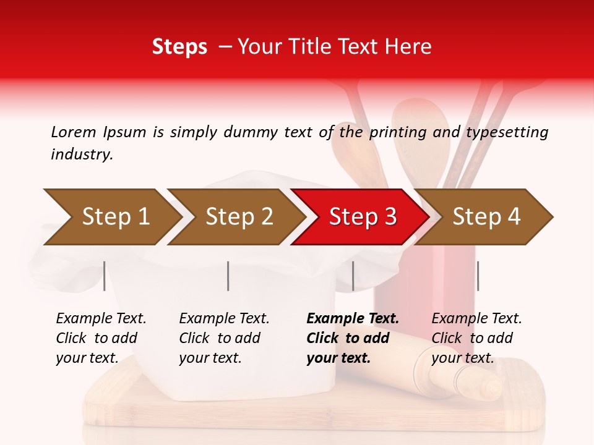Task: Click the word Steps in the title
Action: tap(179, 47)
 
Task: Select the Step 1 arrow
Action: tap(114, 217)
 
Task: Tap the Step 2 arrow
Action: tap(238, 217)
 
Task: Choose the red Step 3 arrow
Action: tap(362, 217)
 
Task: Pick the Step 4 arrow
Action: tap(486, 217)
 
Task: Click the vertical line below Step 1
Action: tap(105, 276)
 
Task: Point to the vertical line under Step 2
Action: tap(228, 276)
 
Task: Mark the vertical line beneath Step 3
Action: tap(353, 276)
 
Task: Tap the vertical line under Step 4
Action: tap(478, 276)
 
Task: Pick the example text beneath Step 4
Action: tap(476, 338)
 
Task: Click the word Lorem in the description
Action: tap(74, 132)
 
